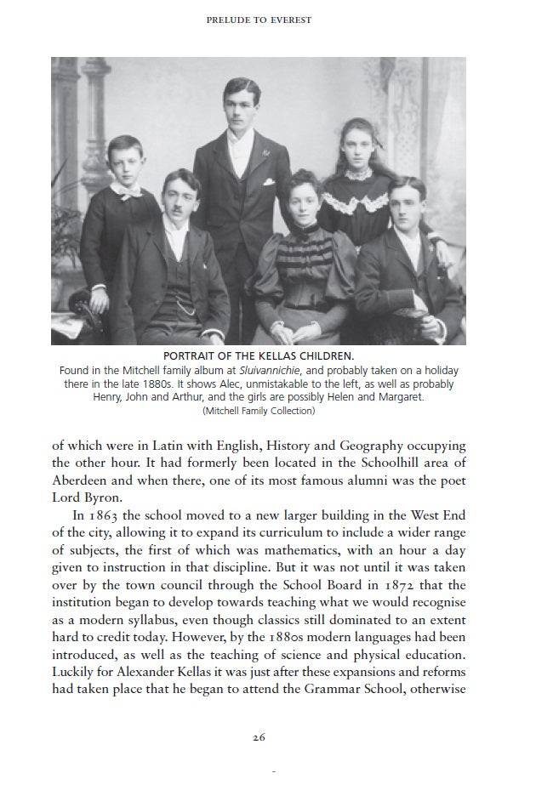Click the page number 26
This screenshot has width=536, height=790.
259,737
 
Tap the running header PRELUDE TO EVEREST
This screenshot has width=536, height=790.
259,20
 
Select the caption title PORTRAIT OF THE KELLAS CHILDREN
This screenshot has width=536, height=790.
259,356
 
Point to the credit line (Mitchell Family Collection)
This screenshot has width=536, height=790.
259,411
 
